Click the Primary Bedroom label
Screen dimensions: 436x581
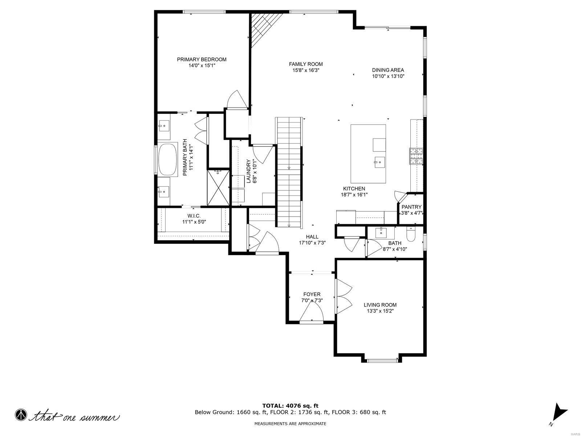202,60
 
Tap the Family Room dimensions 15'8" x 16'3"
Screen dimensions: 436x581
306,70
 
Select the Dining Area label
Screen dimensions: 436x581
388,70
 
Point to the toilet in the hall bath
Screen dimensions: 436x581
411,235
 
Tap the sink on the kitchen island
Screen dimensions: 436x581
379,161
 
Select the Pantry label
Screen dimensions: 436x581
411,207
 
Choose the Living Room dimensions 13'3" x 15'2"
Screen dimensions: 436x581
380,311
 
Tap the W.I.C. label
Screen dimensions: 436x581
194,216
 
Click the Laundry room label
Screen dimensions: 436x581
249,171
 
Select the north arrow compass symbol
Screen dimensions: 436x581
559,414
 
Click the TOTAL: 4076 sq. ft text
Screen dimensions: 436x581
290,405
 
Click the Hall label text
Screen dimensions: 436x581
312,237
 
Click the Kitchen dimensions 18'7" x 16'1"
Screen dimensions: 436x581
354,195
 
